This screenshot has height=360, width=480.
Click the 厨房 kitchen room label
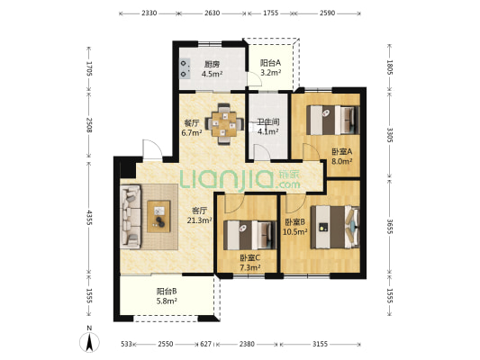213,64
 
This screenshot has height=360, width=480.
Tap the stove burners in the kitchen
185,68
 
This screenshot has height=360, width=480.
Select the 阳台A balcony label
270,63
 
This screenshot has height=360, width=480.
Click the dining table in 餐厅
225,124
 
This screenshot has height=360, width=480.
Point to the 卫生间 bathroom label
267,122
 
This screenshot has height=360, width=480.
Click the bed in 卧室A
332,120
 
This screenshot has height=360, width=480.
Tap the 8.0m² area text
341,161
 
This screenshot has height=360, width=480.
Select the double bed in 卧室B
335,227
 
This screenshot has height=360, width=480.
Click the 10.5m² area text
294,232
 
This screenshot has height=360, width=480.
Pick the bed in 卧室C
249,235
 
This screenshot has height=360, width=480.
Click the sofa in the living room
131,217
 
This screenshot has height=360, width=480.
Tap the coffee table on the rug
158,216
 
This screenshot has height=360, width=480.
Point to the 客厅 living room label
200,211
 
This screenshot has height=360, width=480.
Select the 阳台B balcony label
167,291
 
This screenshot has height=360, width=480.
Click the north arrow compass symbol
89,342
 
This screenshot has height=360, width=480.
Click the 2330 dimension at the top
149,13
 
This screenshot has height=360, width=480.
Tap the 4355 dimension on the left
89,218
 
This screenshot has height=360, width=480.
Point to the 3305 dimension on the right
389,135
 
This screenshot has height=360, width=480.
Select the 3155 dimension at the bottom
320,344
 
